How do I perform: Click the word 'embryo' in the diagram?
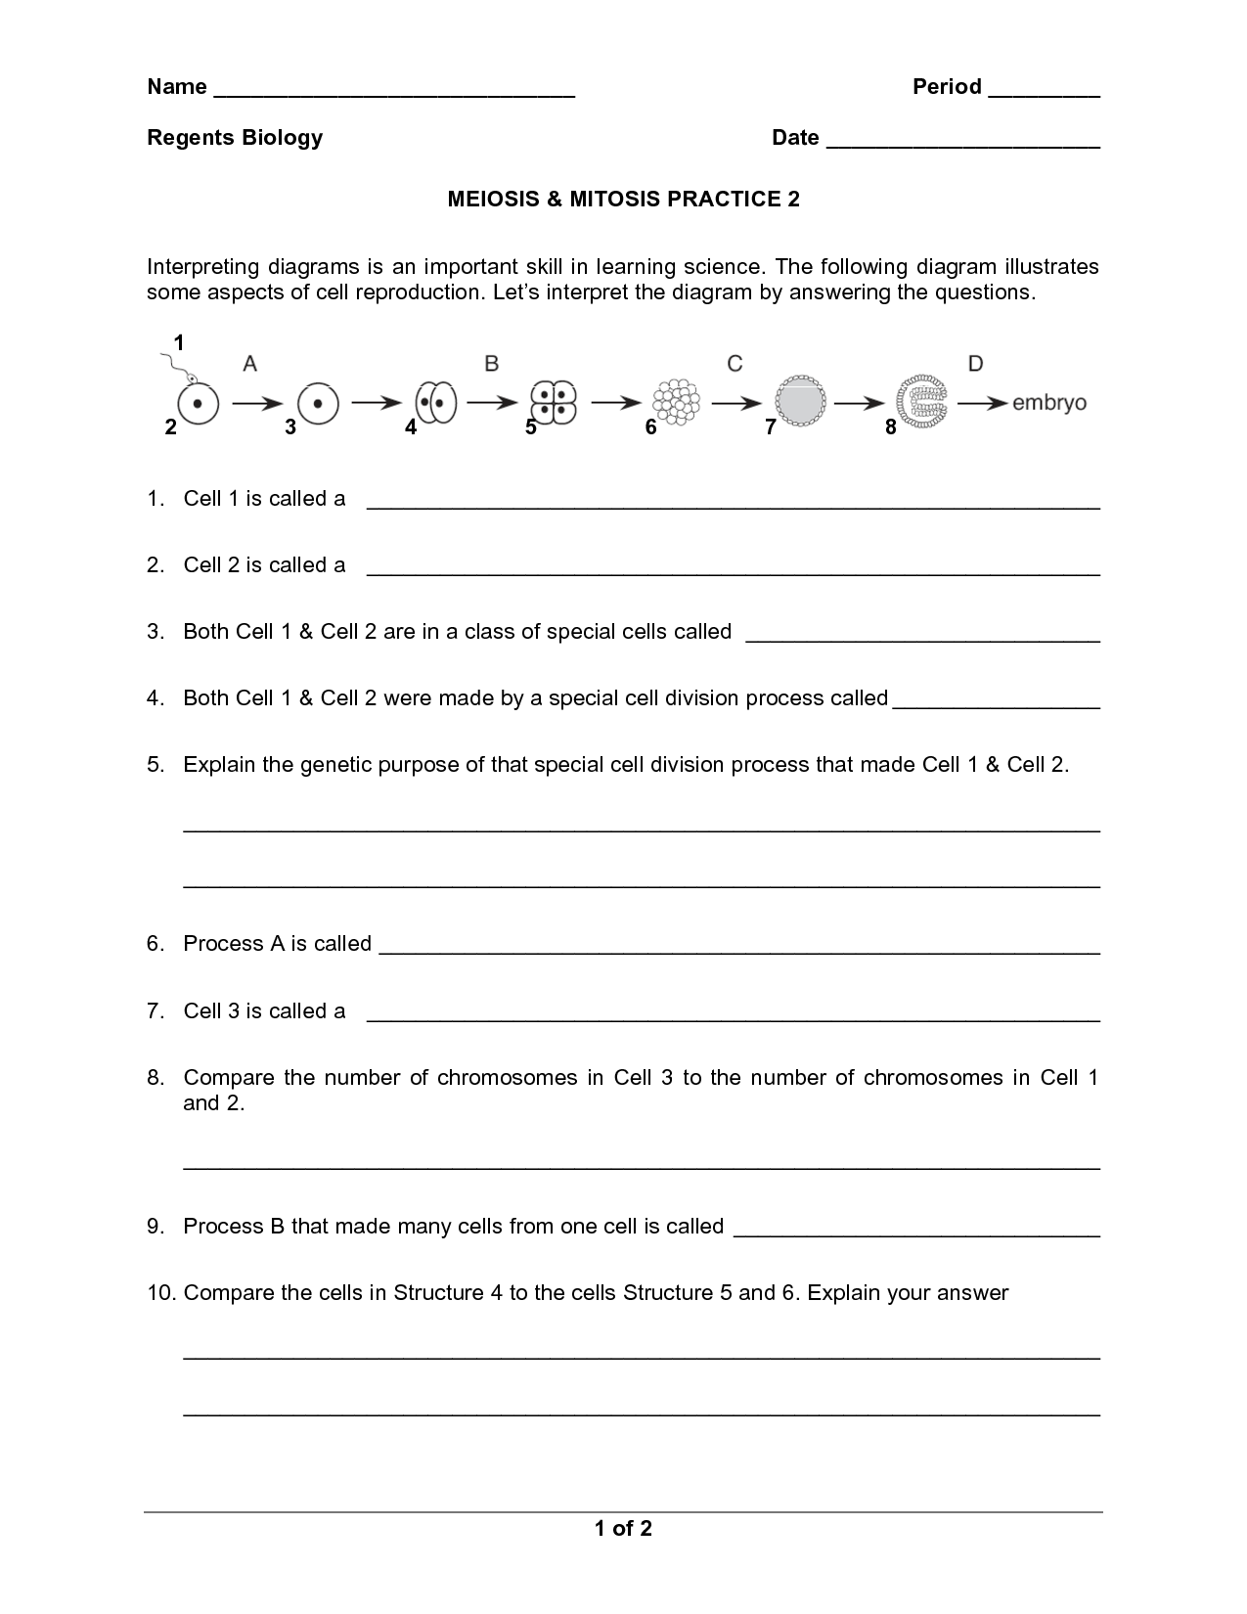click(x=1049, y=403)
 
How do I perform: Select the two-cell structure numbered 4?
click(x=435, y=402)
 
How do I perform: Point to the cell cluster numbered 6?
click(x=676, y=402)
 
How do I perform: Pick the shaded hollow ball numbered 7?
click(x=800, y=402)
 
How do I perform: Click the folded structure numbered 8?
click(x=921, y=402)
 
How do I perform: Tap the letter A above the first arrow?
click(x=250, y=364)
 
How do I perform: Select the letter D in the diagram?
click(x=975, y=364)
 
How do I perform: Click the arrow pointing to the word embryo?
click(x=981, y=403)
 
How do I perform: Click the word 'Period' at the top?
click(x=947, y=87)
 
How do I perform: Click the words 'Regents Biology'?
click(x=235, y=138)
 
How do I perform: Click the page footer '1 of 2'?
click(x=623, y=1529)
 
